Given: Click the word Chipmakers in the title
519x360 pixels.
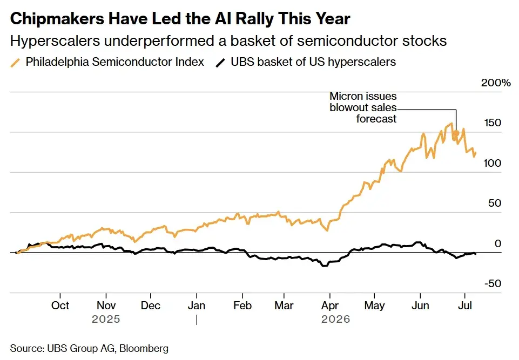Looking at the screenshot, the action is (57, 19).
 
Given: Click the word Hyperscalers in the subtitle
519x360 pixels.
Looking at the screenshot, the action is (55, 41).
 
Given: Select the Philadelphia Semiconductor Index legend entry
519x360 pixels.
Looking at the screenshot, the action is (107, 62).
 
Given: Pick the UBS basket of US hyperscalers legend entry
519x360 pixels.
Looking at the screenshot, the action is (306, 62).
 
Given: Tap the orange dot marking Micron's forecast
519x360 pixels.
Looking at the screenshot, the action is (456, 134).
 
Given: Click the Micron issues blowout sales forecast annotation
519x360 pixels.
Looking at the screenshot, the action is (363, 107).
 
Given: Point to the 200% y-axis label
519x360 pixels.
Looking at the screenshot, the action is (496, 83).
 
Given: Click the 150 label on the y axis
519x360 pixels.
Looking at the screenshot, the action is (493, 123).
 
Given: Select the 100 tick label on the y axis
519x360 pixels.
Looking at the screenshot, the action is (493, 163).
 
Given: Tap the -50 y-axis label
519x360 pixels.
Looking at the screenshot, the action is (493, 283).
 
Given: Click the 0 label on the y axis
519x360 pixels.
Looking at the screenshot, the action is (498, 243).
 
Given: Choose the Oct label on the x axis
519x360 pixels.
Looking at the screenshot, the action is (60, 305).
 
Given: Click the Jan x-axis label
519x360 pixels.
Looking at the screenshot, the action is (196, 305).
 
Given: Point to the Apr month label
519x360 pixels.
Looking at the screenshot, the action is (329, 305).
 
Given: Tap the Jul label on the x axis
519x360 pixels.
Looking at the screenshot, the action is (464, 305).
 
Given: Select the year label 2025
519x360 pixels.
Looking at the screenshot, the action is (106, 320).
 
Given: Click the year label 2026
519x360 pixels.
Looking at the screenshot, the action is (335, 320).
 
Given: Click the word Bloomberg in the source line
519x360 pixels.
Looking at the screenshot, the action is (144, 349).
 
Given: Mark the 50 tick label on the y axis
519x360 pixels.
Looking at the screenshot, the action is (495, 203).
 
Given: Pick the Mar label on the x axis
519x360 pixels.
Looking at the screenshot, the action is (284, 305).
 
